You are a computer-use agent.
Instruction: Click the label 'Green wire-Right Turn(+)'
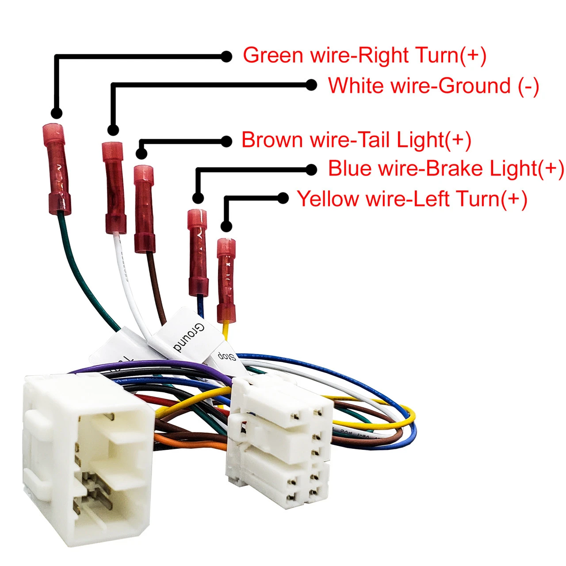click(x=364, y=56)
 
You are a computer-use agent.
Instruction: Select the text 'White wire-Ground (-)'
click(x=433, y=86)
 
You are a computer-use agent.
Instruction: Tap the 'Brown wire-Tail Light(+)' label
click(x=356, y=140)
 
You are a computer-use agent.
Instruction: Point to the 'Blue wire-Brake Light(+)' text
click(x=446, y=169)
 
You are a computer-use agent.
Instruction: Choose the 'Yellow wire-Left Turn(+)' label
click(x=412, y=199)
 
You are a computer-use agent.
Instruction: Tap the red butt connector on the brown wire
click(x=144, y=209)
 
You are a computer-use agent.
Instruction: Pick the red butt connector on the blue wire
click(x=198, y=252)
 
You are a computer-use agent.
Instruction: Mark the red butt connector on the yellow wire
click(x=226, y=280)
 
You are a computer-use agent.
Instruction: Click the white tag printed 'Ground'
click(x=188, y=336)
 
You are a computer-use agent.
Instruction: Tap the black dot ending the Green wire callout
click(x=226, y=56)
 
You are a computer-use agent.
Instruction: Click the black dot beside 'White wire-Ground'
click(x=311, y=85)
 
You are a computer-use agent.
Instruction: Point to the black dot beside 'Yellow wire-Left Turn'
click(x=283, y=198)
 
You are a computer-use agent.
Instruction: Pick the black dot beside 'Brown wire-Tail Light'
click(x=226, y=141)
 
